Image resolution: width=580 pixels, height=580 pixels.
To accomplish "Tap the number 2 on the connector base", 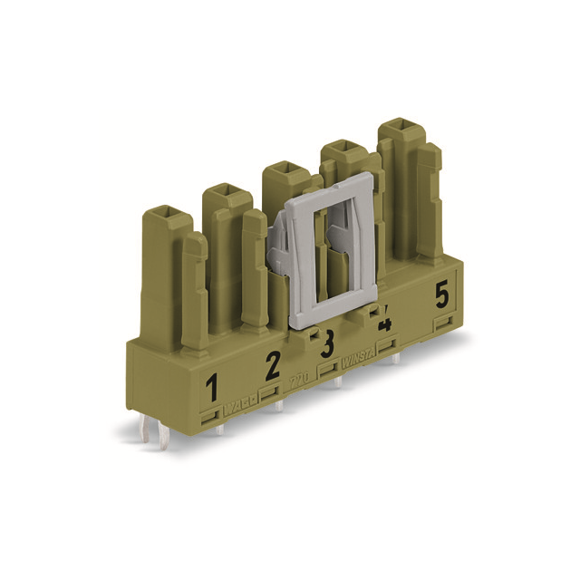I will click(x=272, y=366).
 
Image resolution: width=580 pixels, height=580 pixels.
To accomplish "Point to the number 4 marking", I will click(x=384, y=322).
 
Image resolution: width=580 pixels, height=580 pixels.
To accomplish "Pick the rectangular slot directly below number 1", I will click(x=210, y=416).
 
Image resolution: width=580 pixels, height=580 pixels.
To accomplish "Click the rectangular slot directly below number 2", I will click(x=269, y=392).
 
